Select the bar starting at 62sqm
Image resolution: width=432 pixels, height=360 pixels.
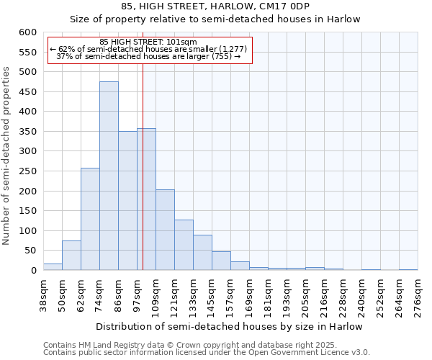(90, 220)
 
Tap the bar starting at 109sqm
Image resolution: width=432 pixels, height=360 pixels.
(165, 230)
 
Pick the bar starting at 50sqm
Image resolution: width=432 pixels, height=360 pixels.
(71, 256)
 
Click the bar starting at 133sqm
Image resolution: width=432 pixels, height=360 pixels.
(202, 253)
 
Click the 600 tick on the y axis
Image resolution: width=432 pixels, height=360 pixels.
(27, 32)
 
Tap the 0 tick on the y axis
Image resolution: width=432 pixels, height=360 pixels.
(32, 271)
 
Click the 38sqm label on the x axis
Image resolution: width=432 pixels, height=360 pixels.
(43, 295)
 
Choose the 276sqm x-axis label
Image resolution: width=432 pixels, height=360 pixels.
(418, 295)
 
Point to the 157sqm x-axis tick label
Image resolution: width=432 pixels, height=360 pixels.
(230, 295)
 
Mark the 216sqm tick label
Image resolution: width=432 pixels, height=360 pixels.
(324, 295)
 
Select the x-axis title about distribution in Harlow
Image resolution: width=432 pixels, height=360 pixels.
(229, 327)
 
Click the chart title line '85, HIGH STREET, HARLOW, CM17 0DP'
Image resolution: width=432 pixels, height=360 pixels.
(215, 6)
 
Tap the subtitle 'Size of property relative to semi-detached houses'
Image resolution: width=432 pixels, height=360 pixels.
(215, 19)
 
